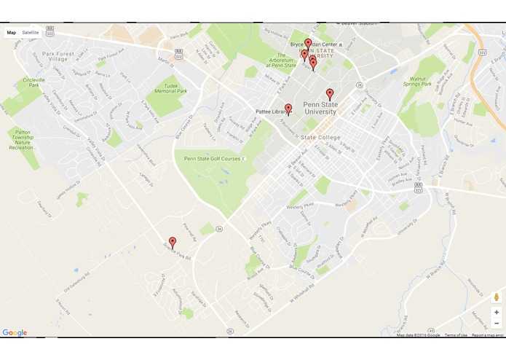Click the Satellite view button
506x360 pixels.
[x=31, y=33]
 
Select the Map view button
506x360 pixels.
[x=12, y=33]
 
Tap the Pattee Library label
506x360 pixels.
[x=272, y=111]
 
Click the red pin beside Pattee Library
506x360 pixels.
[x=288, y=109]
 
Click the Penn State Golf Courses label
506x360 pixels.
[x=212, y=158]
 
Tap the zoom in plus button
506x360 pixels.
[x=497, y=312]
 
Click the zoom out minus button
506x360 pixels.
[x=497, y=323]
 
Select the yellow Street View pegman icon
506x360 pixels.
[x=497, y=297]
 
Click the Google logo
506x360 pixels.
[x=15, y=332]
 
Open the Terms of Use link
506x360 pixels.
[x=456, y=335]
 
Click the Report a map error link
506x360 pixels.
[x=487, y=335]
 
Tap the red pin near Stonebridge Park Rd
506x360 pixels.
[x=173, y=242]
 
